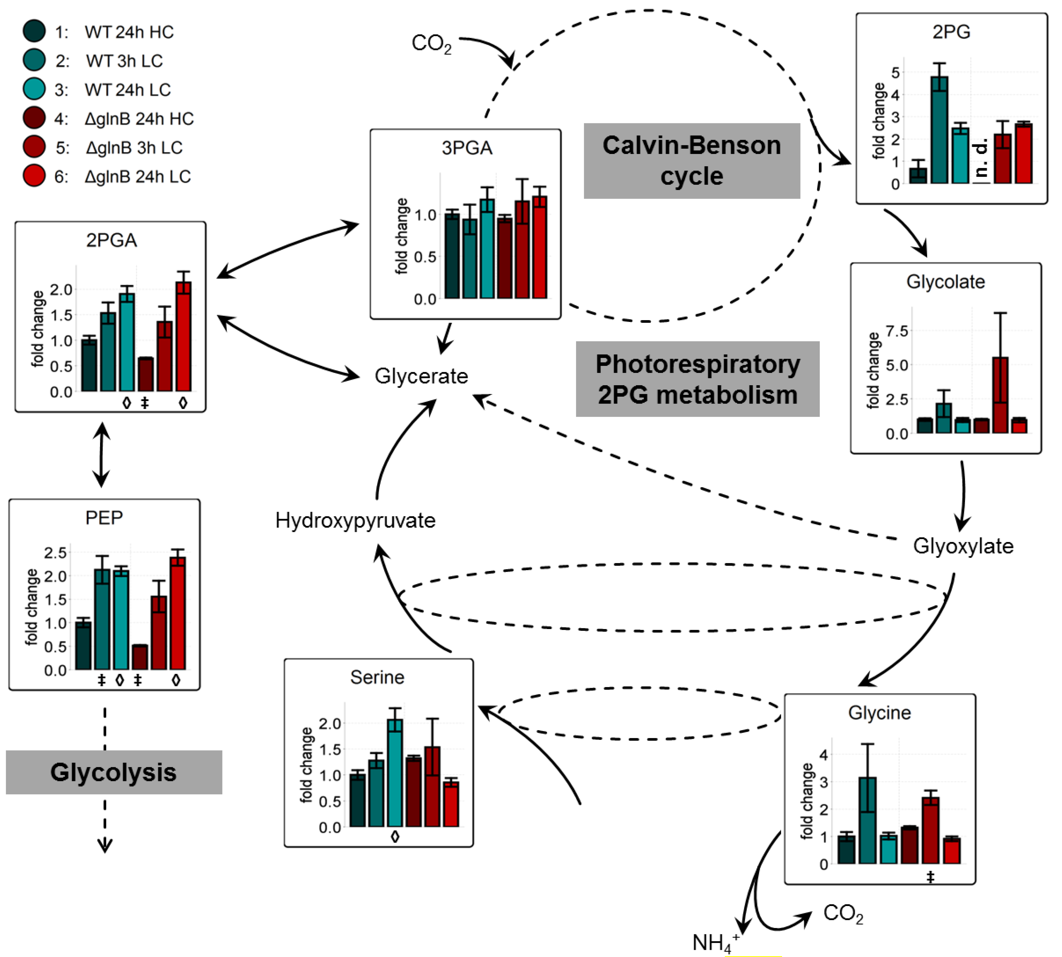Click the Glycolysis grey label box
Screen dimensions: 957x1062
pyautogui.click(x=114, y=772)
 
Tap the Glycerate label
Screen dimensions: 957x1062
pyautogui.click(x=421, y=376)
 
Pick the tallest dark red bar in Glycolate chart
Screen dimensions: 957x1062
pyautogui.click(x=1000, y=394)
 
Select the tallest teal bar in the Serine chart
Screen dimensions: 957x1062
pyautogui.click(x=394, y=773)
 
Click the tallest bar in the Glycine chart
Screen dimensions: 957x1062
pyautogui.click(x=867, y=820)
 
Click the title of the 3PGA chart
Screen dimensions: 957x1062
pyautogui.click(x=467, y=148)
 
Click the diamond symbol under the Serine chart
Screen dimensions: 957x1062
pyautogui.click(x=395, y=837)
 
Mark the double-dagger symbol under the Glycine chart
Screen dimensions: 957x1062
pyautogui.click(x=930, y=877)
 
